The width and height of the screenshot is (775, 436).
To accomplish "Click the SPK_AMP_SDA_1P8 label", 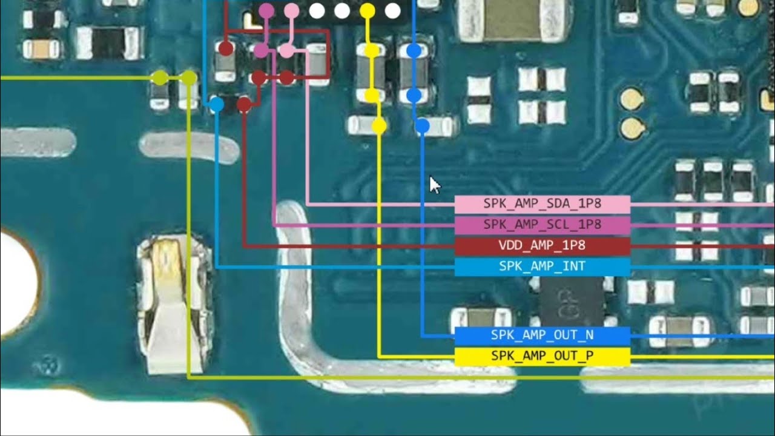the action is (542, 204).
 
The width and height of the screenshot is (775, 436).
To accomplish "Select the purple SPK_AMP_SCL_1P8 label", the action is (542, 225).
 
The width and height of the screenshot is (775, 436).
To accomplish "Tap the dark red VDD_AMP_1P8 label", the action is (542, 246).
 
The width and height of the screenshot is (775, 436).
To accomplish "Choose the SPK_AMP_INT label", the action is (542, 266).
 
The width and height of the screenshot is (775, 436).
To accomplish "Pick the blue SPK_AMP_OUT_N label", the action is (542, 335).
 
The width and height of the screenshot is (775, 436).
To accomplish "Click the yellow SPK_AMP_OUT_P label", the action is (542, 356).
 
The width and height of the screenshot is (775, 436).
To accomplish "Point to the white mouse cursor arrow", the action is (435, 185).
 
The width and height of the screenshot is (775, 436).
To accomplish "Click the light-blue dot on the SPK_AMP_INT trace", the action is (217, 104).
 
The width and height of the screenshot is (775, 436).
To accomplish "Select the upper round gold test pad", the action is (632, 99).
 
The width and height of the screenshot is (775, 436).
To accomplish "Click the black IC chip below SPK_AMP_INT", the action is (570, 302).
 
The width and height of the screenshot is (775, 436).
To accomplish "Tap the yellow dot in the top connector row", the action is (367, 11).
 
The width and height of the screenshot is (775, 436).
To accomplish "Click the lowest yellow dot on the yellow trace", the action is (379, 125).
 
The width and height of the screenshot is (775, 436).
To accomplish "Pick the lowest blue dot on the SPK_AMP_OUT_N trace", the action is (422, 125).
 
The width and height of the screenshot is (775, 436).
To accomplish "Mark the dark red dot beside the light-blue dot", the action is (244, 104).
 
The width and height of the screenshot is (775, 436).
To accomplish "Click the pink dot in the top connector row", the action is (292, 11).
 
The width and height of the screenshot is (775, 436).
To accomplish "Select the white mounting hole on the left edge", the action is (18, 284).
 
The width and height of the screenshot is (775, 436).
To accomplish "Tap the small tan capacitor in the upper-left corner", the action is (41, 49).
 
